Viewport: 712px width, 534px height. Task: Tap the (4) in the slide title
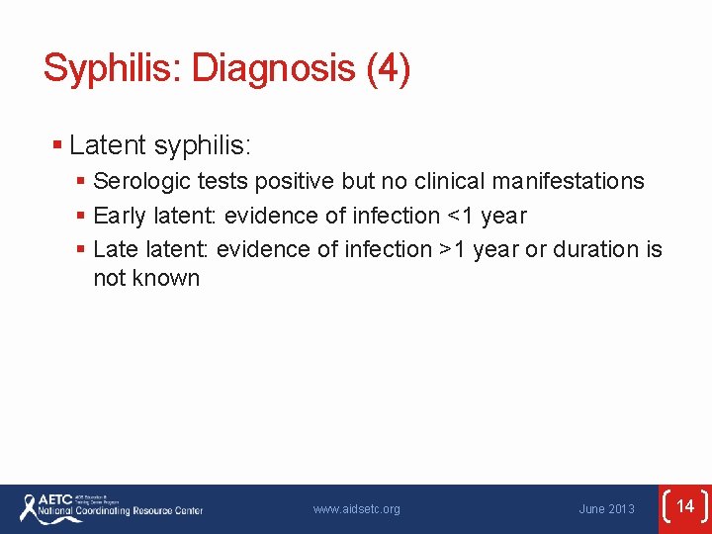tap(388, 69)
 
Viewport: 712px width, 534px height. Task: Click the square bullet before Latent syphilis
tap(57, 146)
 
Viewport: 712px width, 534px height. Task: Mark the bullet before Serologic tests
tap(81, 182)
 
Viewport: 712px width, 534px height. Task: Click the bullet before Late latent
tap(81, 249)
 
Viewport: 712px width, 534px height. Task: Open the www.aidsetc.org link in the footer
tap(356, 509)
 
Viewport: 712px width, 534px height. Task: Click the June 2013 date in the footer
tap(606, 509)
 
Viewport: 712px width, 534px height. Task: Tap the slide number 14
tap(685, 507)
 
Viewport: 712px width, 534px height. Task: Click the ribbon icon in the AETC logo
tap(27, 507)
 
